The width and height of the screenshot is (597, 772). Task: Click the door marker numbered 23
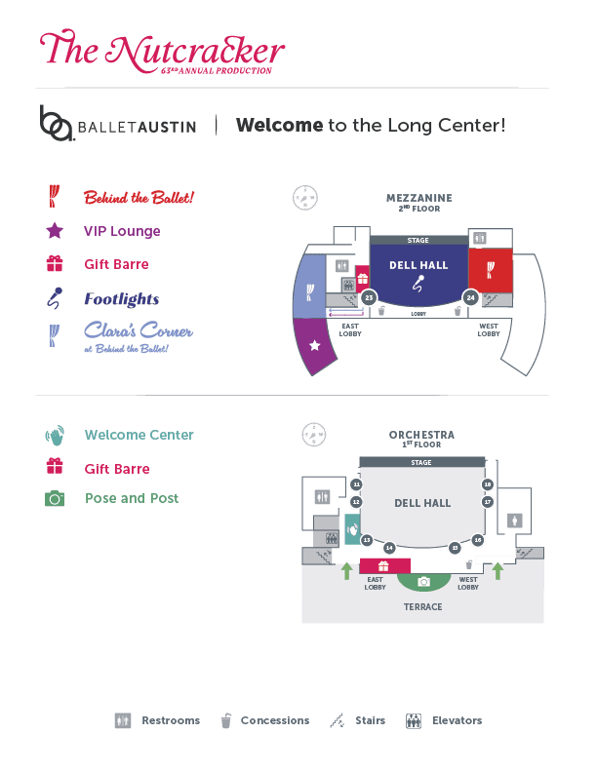point(369,298)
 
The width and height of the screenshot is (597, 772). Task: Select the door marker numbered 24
point(470,297)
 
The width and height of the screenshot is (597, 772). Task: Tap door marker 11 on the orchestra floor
point(356,484)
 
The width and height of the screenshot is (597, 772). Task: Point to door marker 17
point(488,502)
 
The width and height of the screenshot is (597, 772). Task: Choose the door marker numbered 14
point(389,548)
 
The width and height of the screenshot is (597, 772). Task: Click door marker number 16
point(478,540)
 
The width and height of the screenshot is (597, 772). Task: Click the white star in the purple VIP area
point(314,346)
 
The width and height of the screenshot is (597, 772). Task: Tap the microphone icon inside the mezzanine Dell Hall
point(418,285)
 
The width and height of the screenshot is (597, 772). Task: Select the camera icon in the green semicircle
point(423,582)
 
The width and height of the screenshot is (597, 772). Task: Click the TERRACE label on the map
point(423,607)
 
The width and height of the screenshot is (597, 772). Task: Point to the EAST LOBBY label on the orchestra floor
point(376,583)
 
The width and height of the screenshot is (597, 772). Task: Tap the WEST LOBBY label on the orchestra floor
point(468,583)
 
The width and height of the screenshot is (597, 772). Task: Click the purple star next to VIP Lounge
point(56,231)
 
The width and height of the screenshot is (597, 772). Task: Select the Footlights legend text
point(121,299)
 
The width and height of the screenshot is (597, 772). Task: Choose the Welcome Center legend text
point(139,435)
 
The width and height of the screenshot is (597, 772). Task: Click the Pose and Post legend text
point(132,498)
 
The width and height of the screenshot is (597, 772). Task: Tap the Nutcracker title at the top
point(164,51)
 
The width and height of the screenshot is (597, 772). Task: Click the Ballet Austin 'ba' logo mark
point(56,123)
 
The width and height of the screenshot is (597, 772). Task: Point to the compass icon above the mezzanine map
point(305,198)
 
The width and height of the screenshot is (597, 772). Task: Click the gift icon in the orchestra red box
point(384,565)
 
